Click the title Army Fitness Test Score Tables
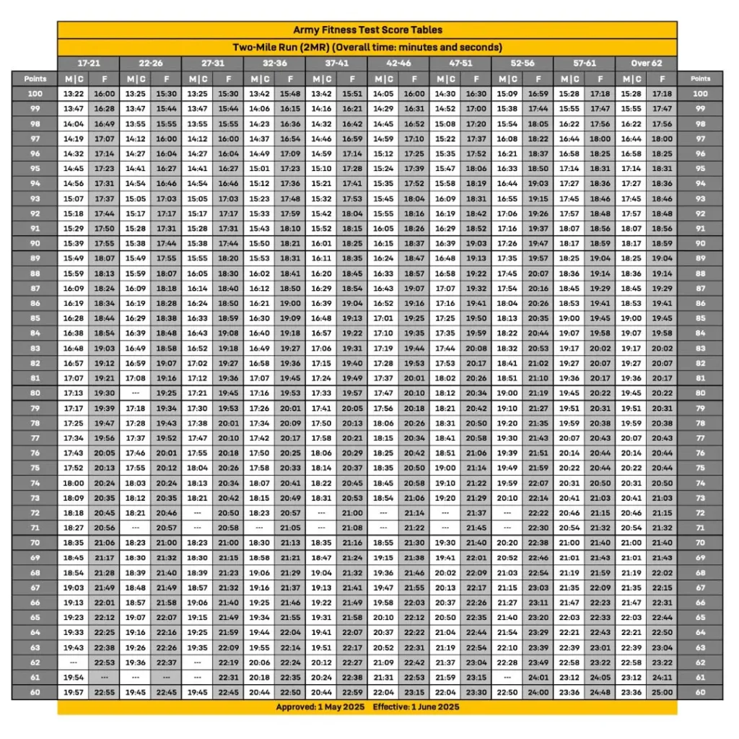click(367, 30)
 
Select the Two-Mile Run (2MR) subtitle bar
click(367, 47)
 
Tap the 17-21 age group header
click(89, 63)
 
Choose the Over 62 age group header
click(646, 63)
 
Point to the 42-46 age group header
click(398, 63)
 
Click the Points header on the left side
click(35, 79)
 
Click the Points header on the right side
click(700, 79)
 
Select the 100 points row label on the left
click(35, 93)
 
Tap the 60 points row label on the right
click(700, 692)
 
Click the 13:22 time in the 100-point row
click(74, 93)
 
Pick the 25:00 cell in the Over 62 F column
click(662, 692)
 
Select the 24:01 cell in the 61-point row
click(538, 677)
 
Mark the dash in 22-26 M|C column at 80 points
click(135, 393)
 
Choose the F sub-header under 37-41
click(352, 79)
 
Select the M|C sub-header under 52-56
click(507, 79)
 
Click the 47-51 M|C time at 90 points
click(445, 243)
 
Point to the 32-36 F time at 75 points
click(290, 468)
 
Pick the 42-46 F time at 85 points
click(414, 318)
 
